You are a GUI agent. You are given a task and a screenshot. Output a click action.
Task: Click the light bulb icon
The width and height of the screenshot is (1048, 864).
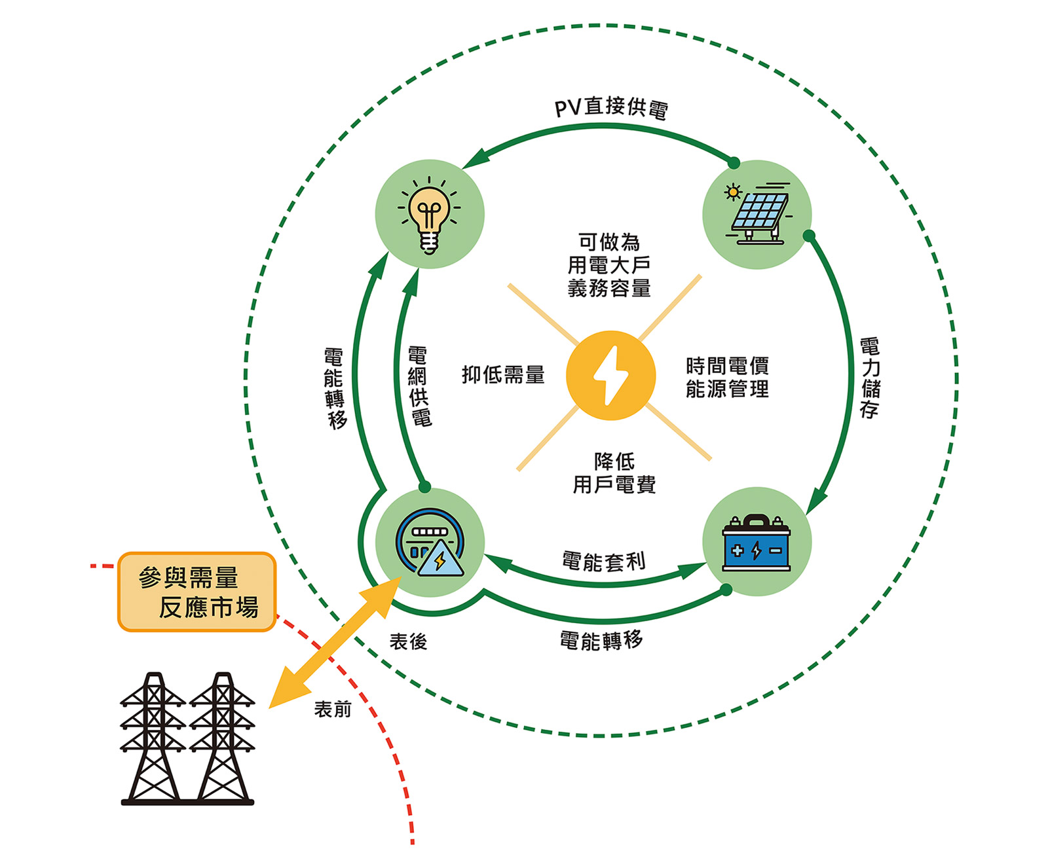click(429, 215)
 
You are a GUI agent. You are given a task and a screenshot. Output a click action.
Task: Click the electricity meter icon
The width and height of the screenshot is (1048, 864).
click(430, 543)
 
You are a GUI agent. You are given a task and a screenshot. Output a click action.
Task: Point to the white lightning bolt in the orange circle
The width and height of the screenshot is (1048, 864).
click(610, 376)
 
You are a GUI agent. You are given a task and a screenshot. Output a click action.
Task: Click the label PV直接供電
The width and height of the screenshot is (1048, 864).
click(611, 109)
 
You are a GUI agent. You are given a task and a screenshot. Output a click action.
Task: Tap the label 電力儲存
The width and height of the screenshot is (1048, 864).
click(869, 378)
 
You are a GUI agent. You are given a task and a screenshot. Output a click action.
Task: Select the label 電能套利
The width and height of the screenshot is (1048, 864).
click(603, 561)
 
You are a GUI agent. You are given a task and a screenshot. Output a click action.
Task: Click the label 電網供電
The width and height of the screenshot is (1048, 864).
click(419, 386)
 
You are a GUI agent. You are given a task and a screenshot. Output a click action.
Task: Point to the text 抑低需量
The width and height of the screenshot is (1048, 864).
click(503, 375)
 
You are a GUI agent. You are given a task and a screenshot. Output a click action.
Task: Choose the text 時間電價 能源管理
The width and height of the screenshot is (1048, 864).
click(727, 378)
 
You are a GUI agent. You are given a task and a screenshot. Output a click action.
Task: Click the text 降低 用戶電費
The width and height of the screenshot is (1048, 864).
click(614, 473)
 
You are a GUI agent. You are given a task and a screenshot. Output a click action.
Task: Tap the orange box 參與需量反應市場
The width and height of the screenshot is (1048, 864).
click(197, 592)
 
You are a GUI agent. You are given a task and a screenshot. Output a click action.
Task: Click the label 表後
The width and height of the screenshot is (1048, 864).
click(408, 641)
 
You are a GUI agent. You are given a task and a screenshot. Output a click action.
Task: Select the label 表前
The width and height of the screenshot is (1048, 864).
click(333, 709)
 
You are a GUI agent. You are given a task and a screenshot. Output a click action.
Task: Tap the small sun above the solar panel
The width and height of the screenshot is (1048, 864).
click(733, 192)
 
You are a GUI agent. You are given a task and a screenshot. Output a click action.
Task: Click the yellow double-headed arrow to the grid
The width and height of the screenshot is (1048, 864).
click(335, 643)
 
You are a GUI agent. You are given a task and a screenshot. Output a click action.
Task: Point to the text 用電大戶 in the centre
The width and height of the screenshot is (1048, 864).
click(608, 265)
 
